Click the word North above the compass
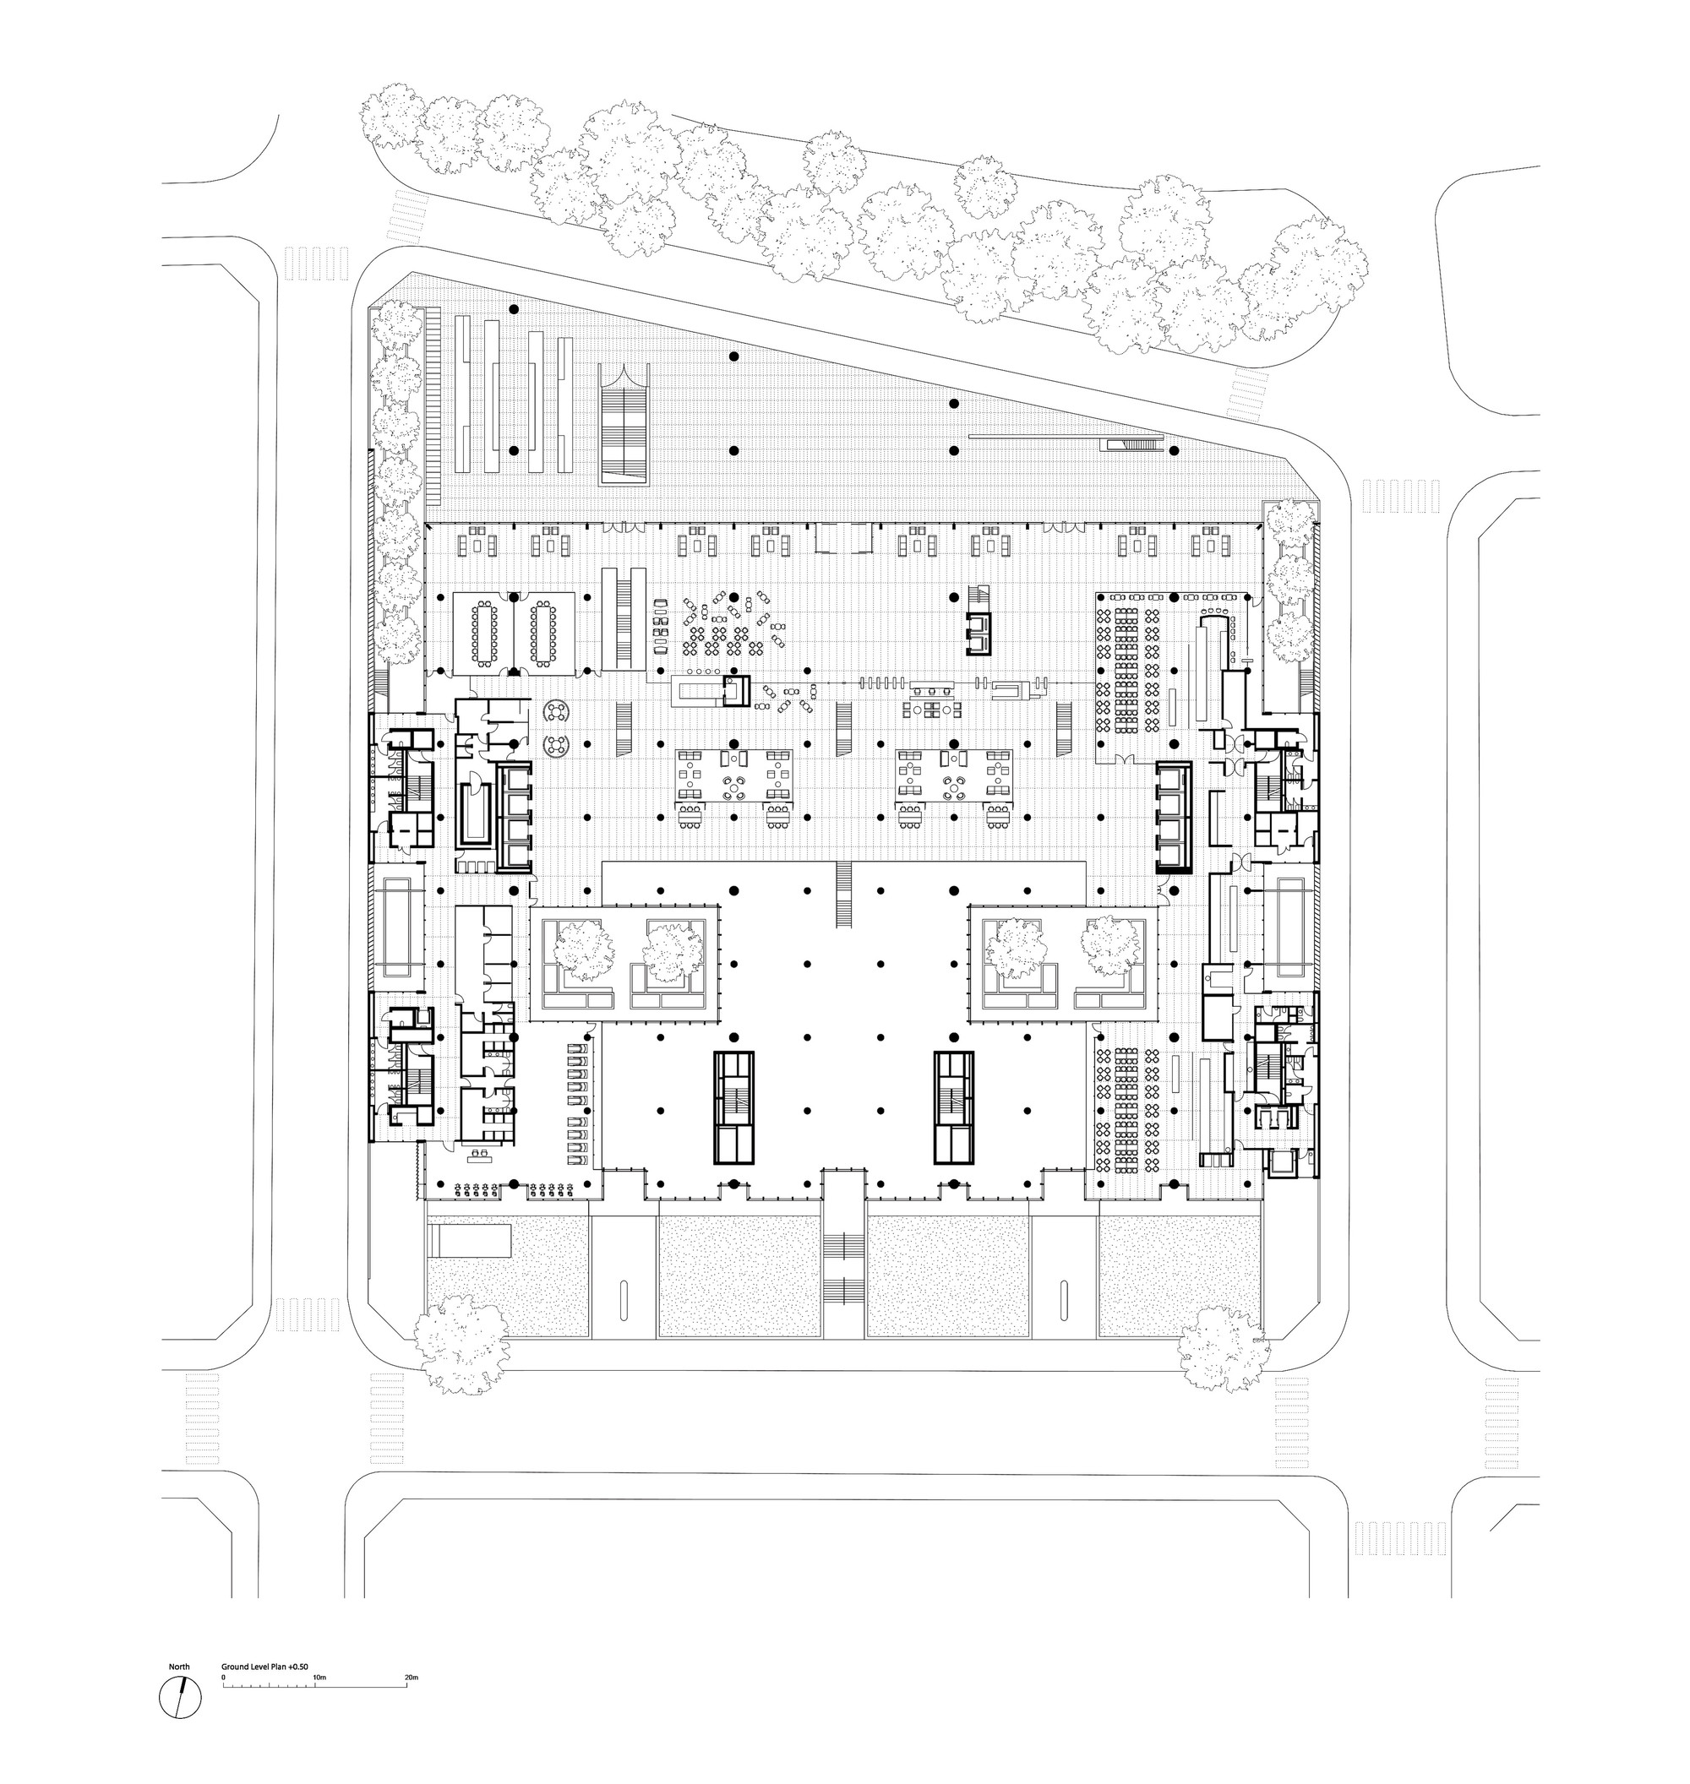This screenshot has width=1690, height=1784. [179, 1667]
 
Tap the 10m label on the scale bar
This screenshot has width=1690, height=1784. [319, 1678]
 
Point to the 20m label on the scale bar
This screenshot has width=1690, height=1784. [412, 1678]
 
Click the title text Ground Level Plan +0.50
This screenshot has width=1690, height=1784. [264, 1667]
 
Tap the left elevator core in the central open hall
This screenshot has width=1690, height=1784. [734, 1107]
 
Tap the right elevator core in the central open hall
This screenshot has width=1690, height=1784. [954, 1107]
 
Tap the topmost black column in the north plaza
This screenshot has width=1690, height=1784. [514, 309]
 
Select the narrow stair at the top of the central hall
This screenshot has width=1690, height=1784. [844, 894]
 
